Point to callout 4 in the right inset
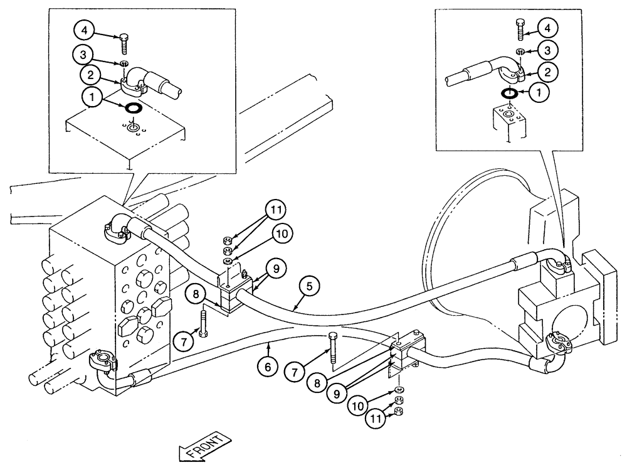pos(547,28)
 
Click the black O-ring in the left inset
pos(132,109)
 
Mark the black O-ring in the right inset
pos(509,94)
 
